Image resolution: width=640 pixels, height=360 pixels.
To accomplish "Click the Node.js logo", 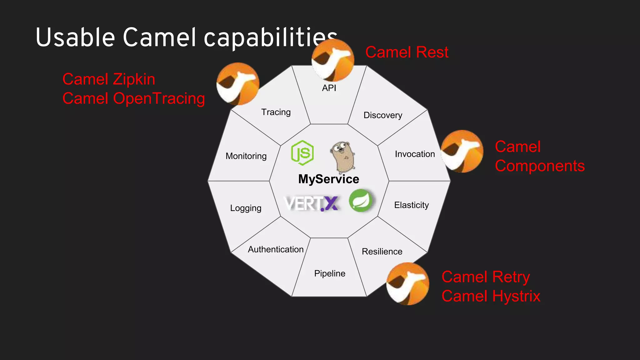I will click(302, 153).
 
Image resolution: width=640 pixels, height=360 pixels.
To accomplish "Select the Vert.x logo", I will click(312, 203).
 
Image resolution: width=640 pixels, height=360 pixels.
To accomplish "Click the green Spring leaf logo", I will click(361, 201).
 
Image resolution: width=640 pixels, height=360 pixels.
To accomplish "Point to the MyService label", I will click(329, 179).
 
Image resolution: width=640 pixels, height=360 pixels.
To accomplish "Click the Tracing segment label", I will click(276, 112).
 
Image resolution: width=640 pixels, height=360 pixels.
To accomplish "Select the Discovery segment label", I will click(383, 115).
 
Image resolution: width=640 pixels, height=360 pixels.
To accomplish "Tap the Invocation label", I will click(415, 154).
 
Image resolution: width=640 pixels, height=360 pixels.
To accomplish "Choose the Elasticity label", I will click(411, 205).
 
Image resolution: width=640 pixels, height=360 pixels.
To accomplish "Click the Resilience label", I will click(382, 251).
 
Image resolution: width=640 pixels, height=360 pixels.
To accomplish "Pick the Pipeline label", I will click(330, 273).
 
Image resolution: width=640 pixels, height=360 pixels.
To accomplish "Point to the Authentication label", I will click(276, 249).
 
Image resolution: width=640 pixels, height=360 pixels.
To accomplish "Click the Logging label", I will click(246, 208).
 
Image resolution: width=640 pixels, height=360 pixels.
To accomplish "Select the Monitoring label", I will click(246, 156).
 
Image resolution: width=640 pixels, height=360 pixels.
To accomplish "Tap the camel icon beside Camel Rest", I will click(333, 60).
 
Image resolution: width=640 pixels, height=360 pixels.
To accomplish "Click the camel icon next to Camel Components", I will click(462, 151).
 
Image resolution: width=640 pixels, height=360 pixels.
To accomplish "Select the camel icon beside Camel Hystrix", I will click(407, 284).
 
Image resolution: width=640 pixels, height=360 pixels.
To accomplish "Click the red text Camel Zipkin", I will click(109, 79).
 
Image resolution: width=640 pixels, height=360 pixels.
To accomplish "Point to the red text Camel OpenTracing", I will click(134, 98).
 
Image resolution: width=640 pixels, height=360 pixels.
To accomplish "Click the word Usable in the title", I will click(75, 37).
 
